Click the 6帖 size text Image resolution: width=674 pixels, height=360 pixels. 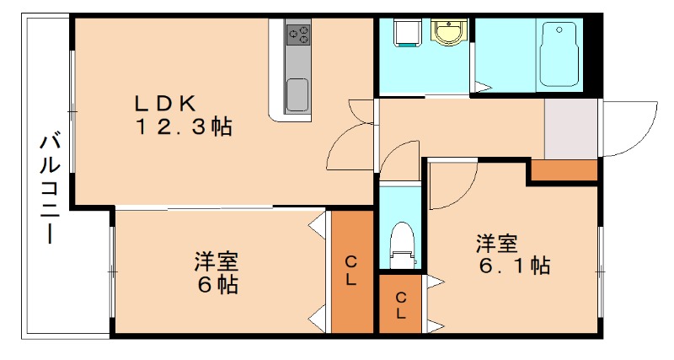pyautogui.click(x=217, y=284)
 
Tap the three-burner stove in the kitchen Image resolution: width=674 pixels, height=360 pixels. pyautogui.click(x=298, y=34)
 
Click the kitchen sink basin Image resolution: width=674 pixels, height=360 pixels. pyautogui.click(x=297, y=94)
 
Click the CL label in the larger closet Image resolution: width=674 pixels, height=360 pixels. pyautogui.click(x=350, y=271)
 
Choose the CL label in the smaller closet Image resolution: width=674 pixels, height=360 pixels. pyautogui.click(x=401, y=305)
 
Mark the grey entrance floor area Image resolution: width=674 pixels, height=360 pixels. pyautogui.click(x=570, y=127)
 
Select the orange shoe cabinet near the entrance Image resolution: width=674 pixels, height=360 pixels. pyautogui.click(x=563, y=171)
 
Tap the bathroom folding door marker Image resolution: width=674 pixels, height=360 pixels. pyautogui.click(x=481, y=87)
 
